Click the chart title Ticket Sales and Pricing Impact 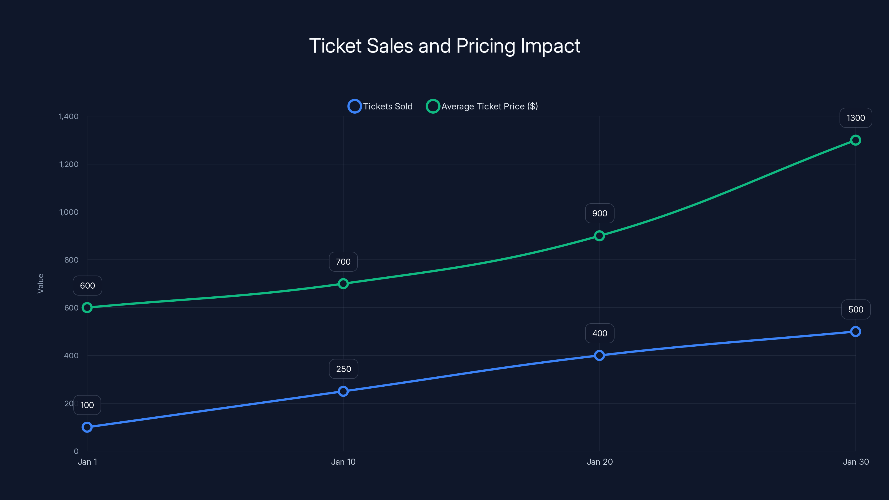tap(444, 46)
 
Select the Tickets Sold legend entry tap(380, 106)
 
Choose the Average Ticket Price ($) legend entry tap(482, 106)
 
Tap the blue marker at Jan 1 tap(87, 427)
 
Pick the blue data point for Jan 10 tap(343, 391)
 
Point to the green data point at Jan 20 tap(600, 236)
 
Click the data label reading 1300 tap(856, 118)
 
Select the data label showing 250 tap(343, 369)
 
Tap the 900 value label tap(600, 213)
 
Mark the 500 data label tap(856, 309)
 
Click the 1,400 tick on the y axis tap(69, 116)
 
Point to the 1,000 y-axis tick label tap(69, 212)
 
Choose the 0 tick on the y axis tap(76, 451)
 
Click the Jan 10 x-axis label tap(343, 462)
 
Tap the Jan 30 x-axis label tap(856, 462)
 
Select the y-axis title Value tap(40, 283)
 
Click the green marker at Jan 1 tap(87, 307)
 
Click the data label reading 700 tap(343, 262)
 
